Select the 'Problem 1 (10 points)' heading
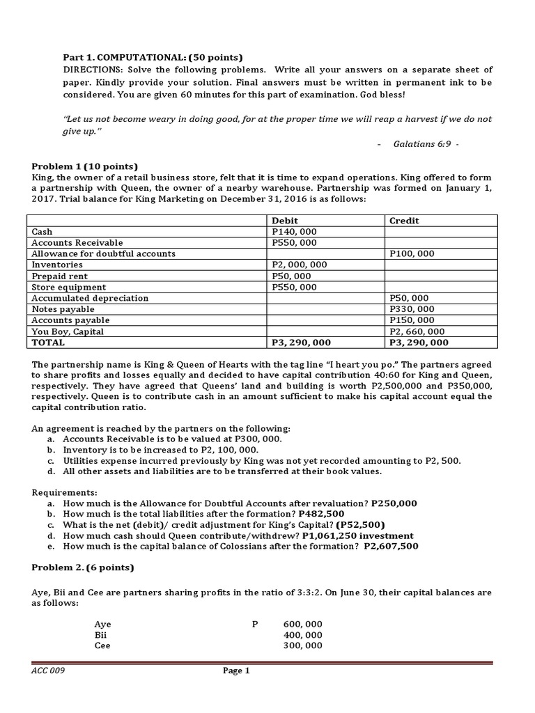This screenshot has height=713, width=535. pos(85,166)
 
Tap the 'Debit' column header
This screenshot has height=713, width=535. pos(286,221)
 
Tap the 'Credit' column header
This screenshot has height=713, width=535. pos(404,221)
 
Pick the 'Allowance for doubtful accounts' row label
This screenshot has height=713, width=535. pos(104,254)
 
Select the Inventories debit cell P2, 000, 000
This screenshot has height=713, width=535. pos(300,265)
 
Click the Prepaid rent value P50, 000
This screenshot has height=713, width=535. pos(292,276)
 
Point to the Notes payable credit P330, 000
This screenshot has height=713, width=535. pos(412,309)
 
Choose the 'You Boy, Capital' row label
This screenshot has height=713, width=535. pos(68,331)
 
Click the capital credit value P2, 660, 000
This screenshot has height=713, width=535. pos(417,331)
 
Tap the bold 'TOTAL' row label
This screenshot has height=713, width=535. pos(48,343)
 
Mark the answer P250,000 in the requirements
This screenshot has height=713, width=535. pos(394,503)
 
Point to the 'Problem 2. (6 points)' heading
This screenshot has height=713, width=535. pos(83,567)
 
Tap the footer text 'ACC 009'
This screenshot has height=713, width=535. pos(49,671)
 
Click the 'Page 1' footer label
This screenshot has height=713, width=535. pos(236,671)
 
